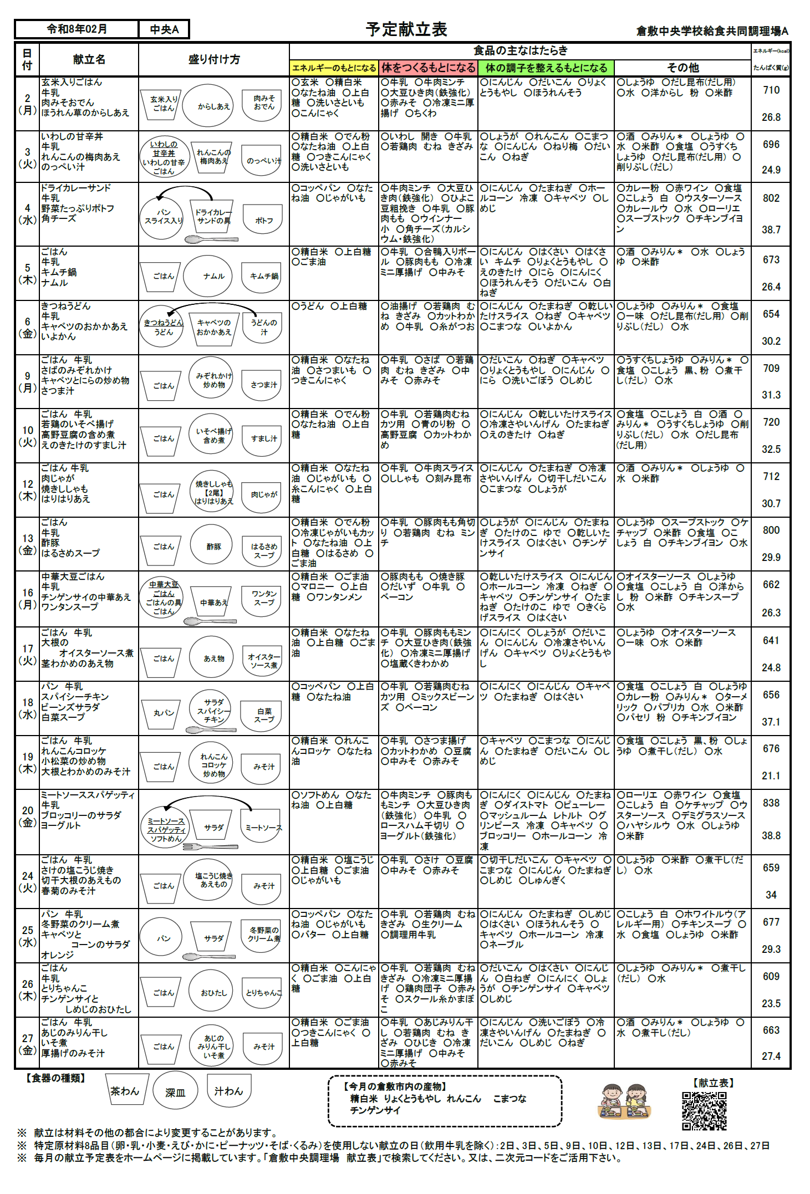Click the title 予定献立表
click(406, 29)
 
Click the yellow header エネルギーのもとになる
click(334, 68)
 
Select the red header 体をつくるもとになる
click(428, 68)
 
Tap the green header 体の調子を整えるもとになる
click(546, 68)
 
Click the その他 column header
click(682, 68)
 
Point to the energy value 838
click(771, 803)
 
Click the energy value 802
click(771, 198)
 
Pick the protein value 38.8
click(771, 835)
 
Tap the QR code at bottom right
click(704, 1111)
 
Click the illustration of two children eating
click(625, 1102)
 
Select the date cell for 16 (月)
click(27, 599)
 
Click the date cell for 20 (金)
click(27, 816)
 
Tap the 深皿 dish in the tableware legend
click(175, 1092)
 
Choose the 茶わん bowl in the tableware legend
click(125, 1091)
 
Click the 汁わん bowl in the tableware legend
click(228, 1091)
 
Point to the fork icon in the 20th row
click(210, 846)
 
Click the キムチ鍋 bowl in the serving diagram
click(263, 276)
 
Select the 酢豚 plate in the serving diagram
click(213, 547)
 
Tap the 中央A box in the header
click(164, 29)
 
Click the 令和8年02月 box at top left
click(77, 29)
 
